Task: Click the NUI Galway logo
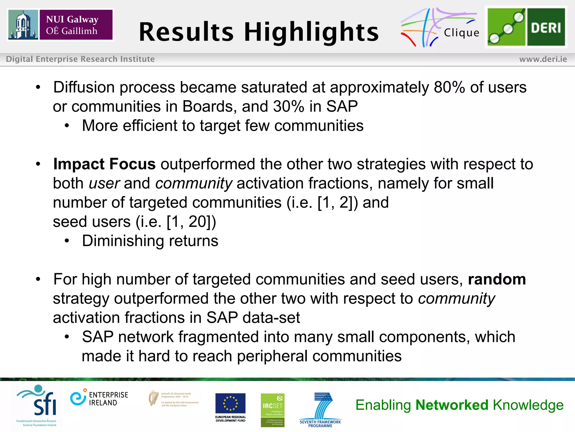tap(60, 25)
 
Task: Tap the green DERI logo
tap(526, 27)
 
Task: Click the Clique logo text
tap(461, 33)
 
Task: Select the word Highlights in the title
tap(311, 32)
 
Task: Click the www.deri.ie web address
tap(543, 59)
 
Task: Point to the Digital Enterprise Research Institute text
tap(80, 59)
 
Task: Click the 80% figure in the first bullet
tap(449, 87)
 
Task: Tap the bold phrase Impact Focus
tap(104, 164)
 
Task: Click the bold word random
tap(497, 279)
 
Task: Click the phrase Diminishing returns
tap(150, 241)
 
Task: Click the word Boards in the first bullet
tap(209, 106)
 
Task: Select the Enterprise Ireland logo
tap(99, 399)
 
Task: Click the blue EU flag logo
tap(230, 404)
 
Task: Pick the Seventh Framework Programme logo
tap(320, 409)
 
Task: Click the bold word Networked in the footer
tap(452, 405)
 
